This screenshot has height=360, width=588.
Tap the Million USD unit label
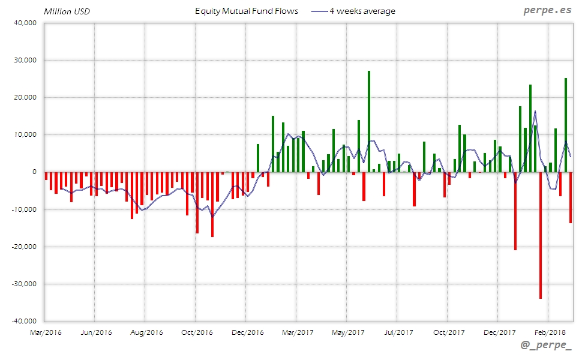tap(67, 11)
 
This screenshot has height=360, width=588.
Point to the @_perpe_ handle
tap(546, 347)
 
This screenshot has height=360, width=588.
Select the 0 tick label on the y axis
tap(34, 172)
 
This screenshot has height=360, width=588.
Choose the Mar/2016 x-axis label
tap(45, 332)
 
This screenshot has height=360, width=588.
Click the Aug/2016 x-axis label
tap(146, 332)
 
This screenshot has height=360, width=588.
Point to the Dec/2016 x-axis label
tap(247, 332)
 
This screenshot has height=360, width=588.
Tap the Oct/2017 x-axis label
tap(448, 332)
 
